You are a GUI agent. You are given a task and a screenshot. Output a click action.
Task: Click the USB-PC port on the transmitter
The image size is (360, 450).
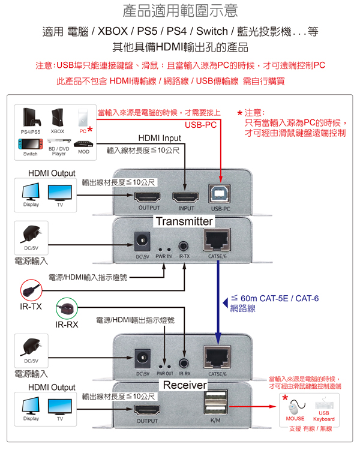pyautogui.click(x=221, y=196)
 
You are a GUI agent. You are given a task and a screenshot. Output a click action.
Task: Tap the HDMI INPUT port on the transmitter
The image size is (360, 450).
pyautogui.click(x=186, y=196)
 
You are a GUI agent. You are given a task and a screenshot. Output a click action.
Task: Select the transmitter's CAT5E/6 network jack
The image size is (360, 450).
pyautogui.click(x=217, y=242)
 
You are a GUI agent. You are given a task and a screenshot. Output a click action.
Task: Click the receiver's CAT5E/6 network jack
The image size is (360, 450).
pyautogui.click(x=217, y=356)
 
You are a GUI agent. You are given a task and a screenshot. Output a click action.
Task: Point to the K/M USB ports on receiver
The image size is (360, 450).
pyautogui.click(x=216, y=403)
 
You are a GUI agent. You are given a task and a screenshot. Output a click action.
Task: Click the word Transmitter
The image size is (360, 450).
pyautogui.click(x=184, y=221)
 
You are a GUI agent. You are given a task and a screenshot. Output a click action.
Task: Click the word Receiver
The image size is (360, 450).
pyautogui.click(x=184, y=385)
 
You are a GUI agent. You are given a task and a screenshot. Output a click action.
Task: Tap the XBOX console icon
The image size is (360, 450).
pyautogui.click(x=58, y=117)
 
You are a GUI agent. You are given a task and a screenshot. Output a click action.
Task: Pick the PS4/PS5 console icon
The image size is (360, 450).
pyautogui.click(x=31, y=117)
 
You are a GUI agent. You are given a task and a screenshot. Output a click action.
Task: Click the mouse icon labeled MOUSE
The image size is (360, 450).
pyautogui.click(x=295, y=406)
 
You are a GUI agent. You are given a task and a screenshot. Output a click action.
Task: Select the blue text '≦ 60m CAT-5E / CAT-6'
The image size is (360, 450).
pyautogui.click(x=275, y=298)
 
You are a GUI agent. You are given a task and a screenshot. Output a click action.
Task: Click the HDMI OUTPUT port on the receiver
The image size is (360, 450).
pyautogui.click(x=147, y=410)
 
